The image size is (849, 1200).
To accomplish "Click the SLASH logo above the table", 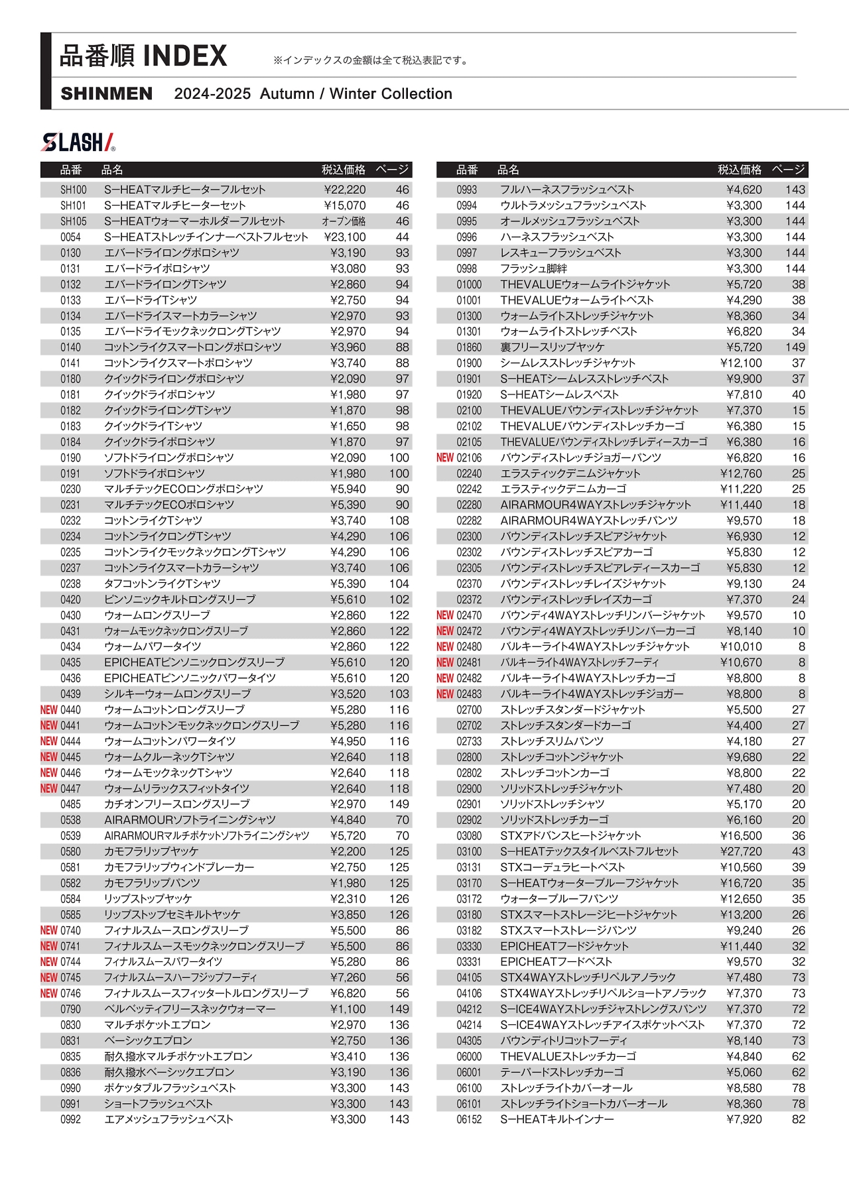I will (78, 142).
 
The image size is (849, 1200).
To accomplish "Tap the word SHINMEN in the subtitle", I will (106, 94).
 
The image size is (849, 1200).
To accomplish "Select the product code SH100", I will (73, 190).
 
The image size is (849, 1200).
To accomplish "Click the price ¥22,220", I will (345, 190).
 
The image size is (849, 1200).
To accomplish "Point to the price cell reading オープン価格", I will (344, 221).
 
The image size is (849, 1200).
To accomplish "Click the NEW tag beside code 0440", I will (48, 710).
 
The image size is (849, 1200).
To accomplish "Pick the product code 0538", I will (70, 820).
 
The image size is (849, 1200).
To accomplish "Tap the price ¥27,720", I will (741, 852).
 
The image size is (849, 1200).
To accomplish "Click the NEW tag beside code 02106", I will (445, 458).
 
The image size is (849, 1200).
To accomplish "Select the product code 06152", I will (469, 1120).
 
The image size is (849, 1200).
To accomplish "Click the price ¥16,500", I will (741, 836).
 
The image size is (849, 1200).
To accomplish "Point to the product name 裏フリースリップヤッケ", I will (553, 347).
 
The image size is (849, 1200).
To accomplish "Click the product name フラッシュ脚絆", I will (534, 269).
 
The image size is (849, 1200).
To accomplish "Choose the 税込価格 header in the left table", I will (344, 170).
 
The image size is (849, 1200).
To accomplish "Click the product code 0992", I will (70, 1120).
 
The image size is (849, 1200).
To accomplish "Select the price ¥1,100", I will (348, 1009).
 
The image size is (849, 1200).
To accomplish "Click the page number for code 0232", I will (399, 521).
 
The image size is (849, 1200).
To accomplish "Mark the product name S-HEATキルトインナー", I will (557, 1120).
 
